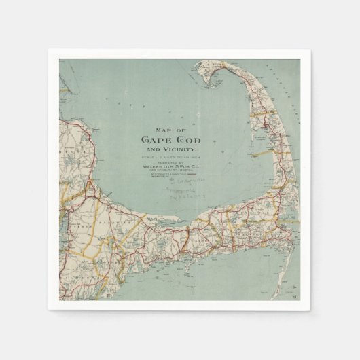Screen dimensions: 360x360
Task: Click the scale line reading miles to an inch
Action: click(169, 157)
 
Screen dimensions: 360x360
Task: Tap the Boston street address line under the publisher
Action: click(169, 170)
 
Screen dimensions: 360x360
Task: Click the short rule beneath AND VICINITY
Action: click(169, 153)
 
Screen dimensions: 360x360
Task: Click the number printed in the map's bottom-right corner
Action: click(295, 297)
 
